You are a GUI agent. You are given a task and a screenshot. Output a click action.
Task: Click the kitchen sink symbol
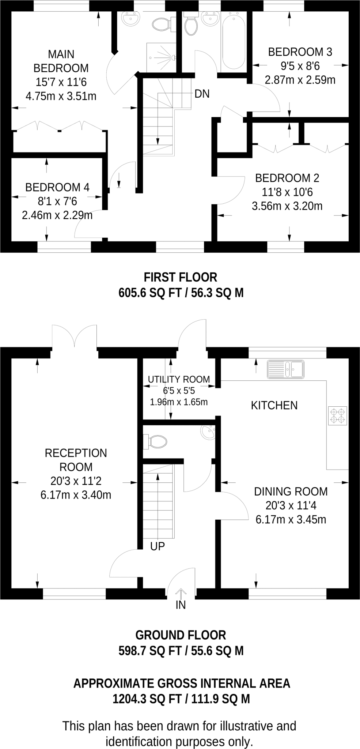[x=285, y=369]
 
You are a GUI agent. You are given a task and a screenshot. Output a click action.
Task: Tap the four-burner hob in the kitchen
[x=337, y=416]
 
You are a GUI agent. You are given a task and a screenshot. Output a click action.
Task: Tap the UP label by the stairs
[x=158, y=546]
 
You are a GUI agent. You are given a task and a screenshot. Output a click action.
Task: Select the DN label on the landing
[x=202, y=94]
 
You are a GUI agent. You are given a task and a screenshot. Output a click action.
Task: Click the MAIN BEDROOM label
[x=61, y=61]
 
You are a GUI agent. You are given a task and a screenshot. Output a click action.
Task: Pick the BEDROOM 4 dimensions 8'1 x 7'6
[x=57, y=202]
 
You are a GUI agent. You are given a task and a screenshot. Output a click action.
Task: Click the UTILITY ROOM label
[x=179, y=379]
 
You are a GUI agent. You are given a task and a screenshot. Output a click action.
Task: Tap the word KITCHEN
[x=274, y=405]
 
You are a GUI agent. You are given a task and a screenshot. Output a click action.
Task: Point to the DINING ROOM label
[x=291, y=492]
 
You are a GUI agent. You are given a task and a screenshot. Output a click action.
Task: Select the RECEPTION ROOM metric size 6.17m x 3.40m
[x=76, y=495]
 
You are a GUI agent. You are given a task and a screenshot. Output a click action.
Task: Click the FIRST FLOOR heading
[x=180, y=277]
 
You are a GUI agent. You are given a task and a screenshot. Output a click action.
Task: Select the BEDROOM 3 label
[x=300, y=52]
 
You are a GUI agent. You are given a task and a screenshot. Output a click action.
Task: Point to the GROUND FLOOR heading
[x=180, y=635]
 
